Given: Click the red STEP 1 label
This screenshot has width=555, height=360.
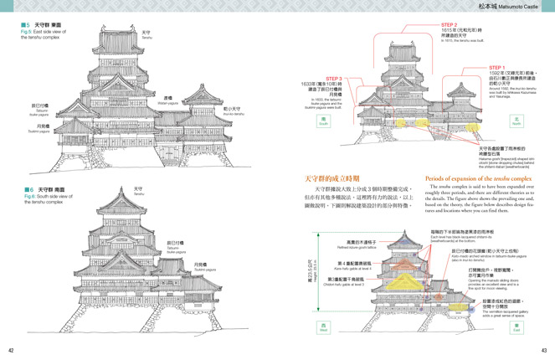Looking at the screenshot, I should coord(498,67).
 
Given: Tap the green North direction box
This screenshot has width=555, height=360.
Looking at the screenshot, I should coord(516,121).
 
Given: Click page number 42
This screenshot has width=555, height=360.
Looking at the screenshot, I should coord(11,350).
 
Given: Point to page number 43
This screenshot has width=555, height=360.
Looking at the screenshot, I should coord(543,350).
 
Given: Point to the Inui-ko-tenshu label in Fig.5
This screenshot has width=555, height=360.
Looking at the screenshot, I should coord(234,111).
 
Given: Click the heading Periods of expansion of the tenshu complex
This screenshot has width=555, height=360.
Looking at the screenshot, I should coord(478,178).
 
